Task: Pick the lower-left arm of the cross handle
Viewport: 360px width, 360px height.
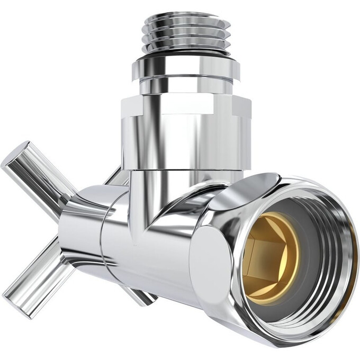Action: tap(40, 275)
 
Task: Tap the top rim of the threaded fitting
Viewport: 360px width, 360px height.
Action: tap(188, 19)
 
